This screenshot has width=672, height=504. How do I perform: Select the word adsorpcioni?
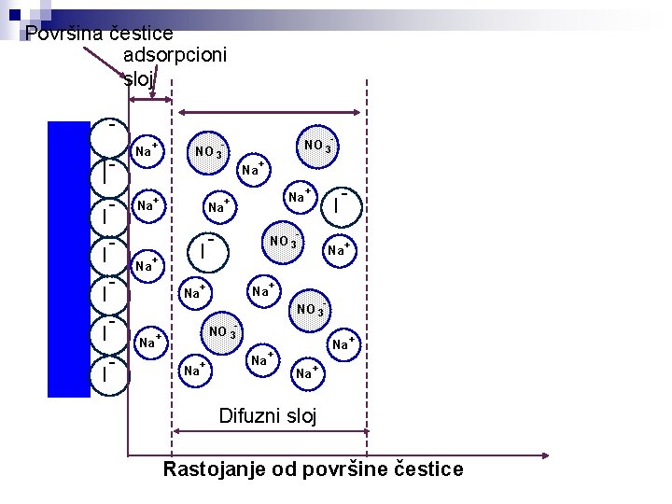point(175,56)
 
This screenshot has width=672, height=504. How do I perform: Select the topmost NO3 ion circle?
point(318,147)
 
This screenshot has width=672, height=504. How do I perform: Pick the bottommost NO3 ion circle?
point(221,333)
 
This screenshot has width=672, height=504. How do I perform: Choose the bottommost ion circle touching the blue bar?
point(110,373)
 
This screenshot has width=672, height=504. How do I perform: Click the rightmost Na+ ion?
point(344,343)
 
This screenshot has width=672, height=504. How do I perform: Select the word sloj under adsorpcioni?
point(138,78)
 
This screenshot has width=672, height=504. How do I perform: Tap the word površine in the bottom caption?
point(349,469)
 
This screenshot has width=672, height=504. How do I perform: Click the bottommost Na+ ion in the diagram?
point(304,372)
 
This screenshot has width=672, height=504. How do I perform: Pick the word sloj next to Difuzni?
point(301,416)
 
